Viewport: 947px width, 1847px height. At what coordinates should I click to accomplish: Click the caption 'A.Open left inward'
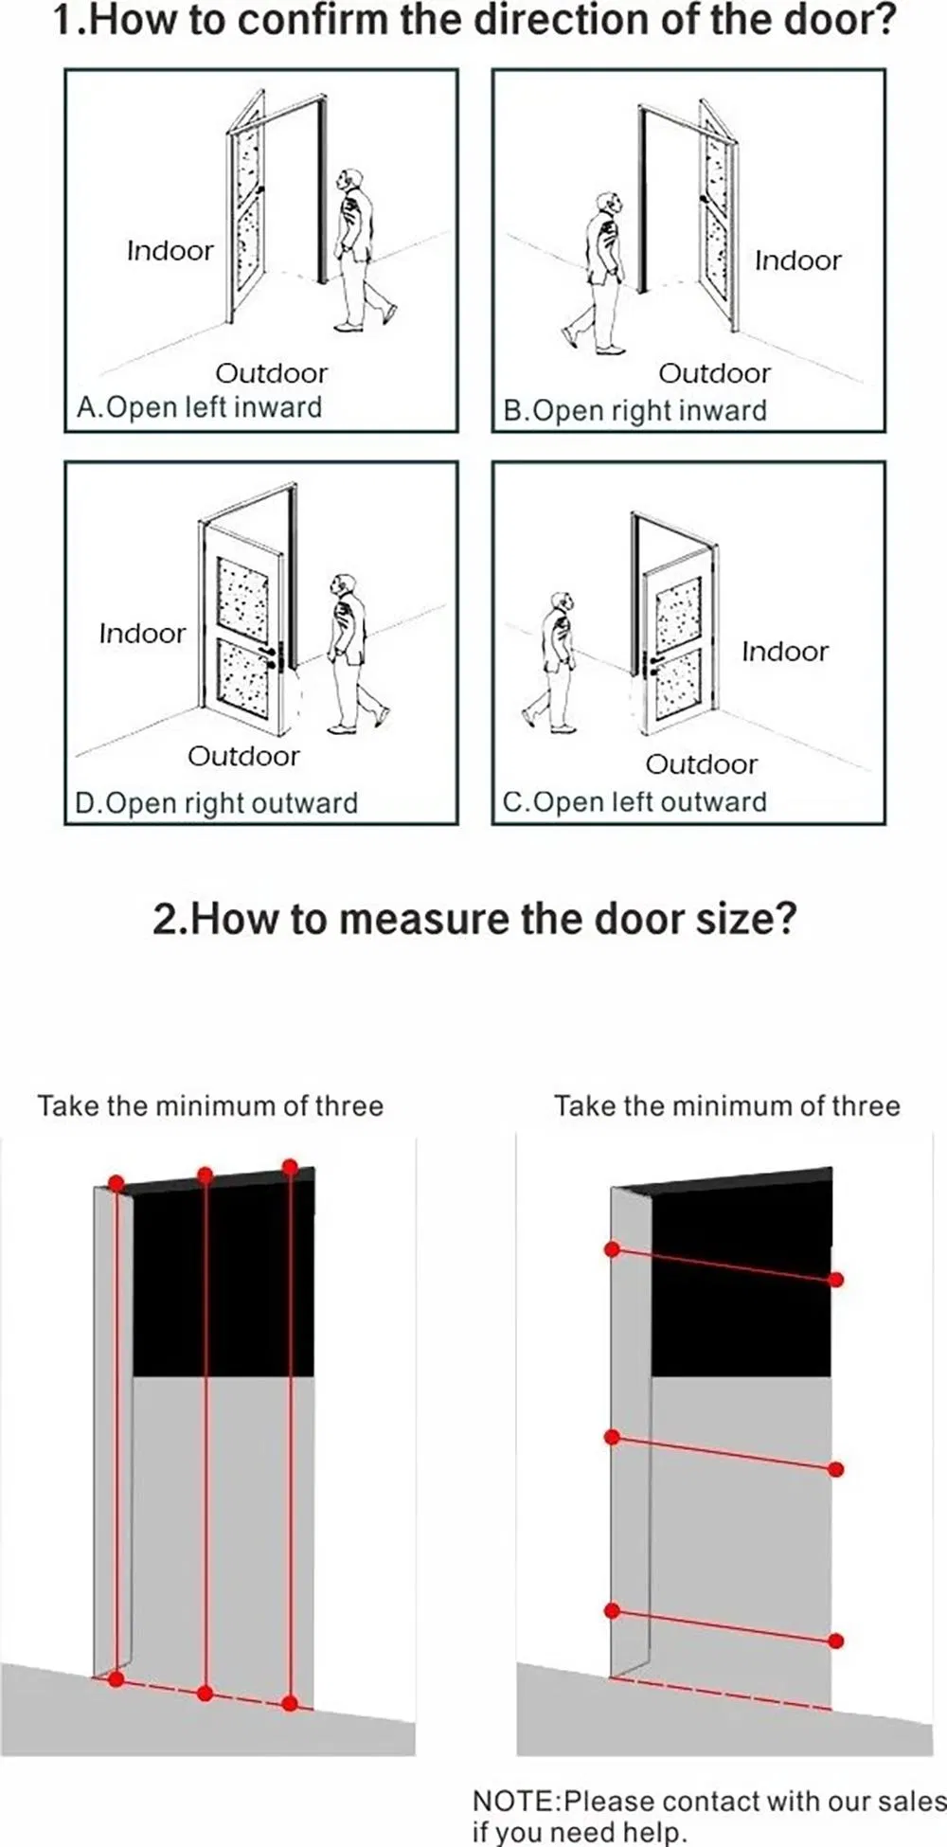click(x=199, y=407)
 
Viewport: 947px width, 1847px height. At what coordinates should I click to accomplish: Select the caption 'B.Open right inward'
click(x=634, y=411)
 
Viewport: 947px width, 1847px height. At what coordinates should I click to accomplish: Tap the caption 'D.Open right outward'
click(x=216, y=803)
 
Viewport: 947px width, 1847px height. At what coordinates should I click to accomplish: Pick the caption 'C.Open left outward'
click(x=634, y=802)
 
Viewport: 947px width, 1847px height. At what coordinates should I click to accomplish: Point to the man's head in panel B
click(x=608, y=203)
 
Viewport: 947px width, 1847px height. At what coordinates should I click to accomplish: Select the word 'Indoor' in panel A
click(x=170, y=251)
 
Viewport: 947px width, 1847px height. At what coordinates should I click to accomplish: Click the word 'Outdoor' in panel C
click(x=701, y=764)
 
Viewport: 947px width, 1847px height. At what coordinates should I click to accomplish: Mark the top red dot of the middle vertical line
click(x=205, y=1175)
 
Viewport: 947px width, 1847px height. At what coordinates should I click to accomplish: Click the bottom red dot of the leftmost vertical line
click(x=116, y=1679)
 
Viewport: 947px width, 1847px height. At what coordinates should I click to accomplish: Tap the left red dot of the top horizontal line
click(x=612, y=1250)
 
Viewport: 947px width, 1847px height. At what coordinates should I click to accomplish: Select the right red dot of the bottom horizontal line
click(x=835, y=1641)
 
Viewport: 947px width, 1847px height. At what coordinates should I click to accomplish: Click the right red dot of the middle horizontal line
click(x=835, y=1469)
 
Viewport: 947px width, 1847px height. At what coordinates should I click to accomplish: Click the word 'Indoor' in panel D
click(x=142, y=634)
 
